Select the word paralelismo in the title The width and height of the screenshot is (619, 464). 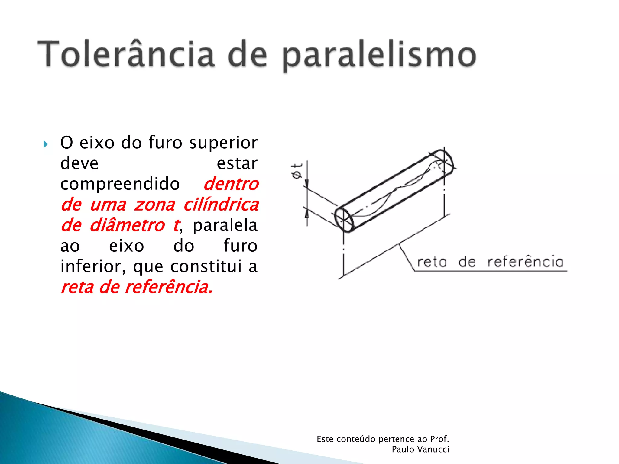point(379,56)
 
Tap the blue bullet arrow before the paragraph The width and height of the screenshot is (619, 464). point(46,144)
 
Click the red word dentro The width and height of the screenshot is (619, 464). point(231,184)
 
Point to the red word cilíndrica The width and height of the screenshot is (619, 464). point(221,205)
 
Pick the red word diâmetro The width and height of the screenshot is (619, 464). point(127,225)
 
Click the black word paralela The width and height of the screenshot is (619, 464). point(225,225)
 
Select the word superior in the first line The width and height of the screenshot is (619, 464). point(223,143)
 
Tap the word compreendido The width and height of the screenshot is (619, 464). point(120,184)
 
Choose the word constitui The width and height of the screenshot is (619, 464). point(206,266)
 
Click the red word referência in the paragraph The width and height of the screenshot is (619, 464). point(169,287)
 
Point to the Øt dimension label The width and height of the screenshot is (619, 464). point(297,171)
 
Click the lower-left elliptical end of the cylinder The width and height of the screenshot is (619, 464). point(344,220)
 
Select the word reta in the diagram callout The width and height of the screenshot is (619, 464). point(432,262)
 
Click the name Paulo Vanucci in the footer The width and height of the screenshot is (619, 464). point(420,449)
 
